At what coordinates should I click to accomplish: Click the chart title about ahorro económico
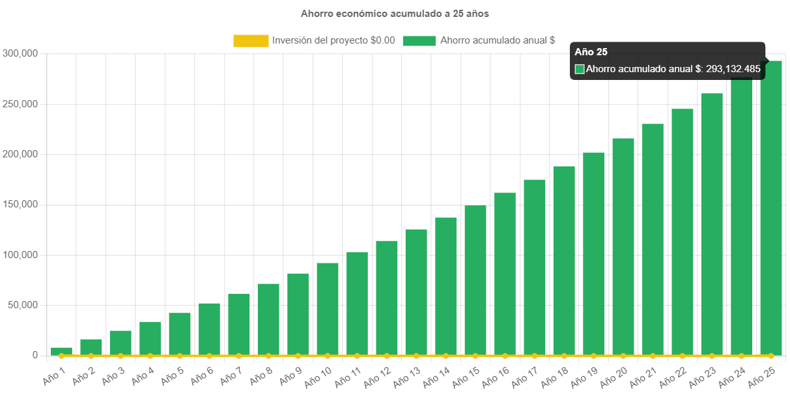pos(395,13)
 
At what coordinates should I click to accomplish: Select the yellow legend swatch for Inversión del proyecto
pos(251,40)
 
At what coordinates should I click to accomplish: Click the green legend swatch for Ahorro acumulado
pos(419,40)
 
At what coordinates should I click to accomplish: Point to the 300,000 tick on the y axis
pos(20,53)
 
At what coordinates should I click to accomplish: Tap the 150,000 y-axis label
pos(20,204)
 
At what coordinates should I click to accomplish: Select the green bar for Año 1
pos(61,351)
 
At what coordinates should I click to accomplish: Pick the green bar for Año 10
pos(328,309)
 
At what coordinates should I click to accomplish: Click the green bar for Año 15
pos(475,280)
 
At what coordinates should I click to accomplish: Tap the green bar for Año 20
pos(623,247)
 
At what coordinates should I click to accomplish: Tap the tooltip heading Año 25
pos(591,52)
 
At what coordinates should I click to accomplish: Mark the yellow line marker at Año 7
pos(239,356)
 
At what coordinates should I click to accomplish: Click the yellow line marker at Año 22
pos(682,356)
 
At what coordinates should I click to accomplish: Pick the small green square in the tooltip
pos(580,69)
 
